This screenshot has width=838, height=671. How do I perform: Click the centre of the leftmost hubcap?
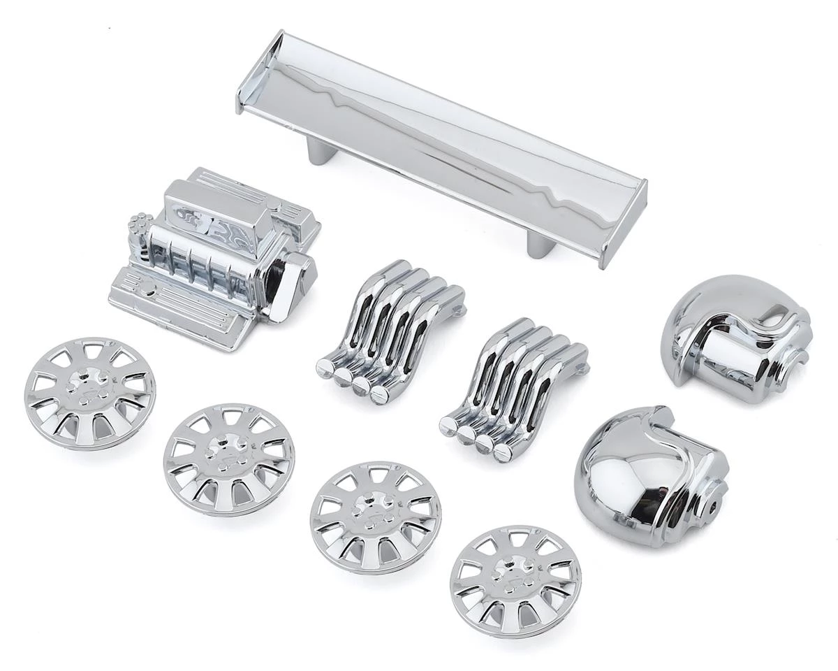point(89,389)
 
